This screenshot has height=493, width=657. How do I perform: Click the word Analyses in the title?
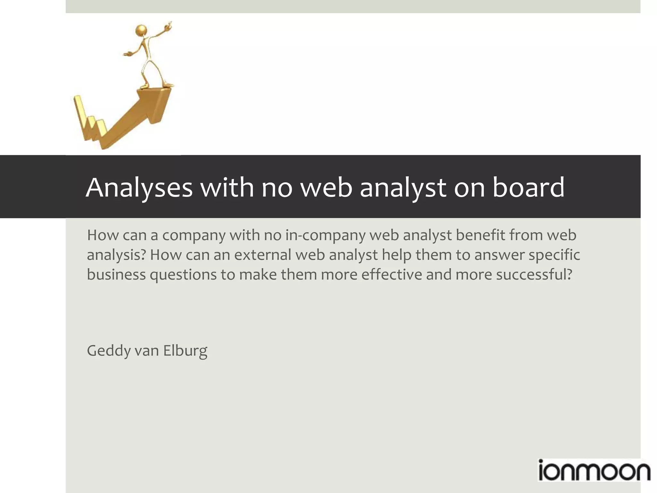pos(139,187)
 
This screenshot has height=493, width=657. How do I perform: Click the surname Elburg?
pos(185,350)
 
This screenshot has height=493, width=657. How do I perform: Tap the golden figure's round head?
pos(141,31)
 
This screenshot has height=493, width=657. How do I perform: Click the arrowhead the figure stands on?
pos(154,96)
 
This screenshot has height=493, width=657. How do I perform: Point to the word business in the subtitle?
pos(116,275)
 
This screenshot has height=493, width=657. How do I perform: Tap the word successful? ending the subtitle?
pos(534,275)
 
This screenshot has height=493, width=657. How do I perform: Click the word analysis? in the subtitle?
pos(116,255)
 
